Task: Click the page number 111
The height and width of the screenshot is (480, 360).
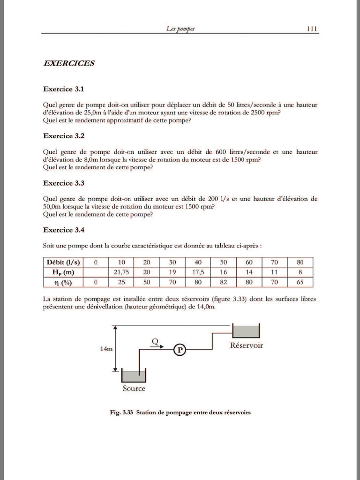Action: tap(312, 29)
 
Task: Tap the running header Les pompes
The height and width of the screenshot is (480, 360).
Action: tap(180, 29)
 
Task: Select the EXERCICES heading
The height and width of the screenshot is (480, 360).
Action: tap(69, 63)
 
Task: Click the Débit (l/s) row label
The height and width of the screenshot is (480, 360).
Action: tap(63, 262)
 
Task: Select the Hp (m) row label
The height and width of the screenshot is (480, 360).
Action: tap(63, 272)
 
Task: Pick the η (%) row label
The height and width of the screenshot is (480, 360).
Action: tap(63, 282)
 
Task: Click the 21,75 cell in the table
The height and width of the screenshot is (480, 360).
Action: tap(121, 272)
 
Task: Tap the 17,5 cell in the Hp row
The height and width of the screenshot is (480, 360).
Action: tap(198, 272)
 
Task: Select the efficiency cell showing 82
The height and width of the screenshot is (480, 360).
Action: tap(223, 282)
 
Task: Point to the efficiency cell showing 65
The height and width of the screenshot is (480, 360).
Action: tap(300, 282)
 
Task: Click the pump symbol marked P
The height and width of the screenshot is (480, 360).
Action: tap(179, 350)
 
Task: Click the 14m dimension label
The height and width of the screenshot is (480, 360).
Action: tap(106, 349)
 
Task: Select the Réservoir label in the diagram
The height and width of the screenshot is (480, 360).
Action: tap(246, 345)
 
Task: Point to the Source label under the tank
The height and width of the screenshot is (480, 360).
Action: tap(134, 388)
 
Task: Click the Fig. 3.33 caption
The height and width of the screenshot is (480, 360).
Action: tap(180, 412)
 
